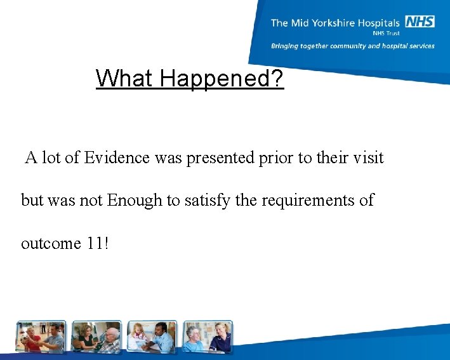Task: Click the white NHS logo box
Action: [420, 22]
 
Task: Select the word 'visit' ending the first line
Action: [367, 157]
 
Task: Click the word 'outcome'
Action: [48, 243]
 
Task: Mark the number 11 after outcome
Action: [93, 243]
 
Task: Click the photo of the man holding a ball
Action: [41, 337]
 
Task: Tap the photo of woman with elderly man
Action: [96, 337]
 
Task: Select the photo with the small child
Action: [152, 337]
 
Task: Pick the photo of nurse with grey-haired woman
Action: [207, 337]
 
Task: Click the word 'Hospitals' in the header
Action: [379, 23]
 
